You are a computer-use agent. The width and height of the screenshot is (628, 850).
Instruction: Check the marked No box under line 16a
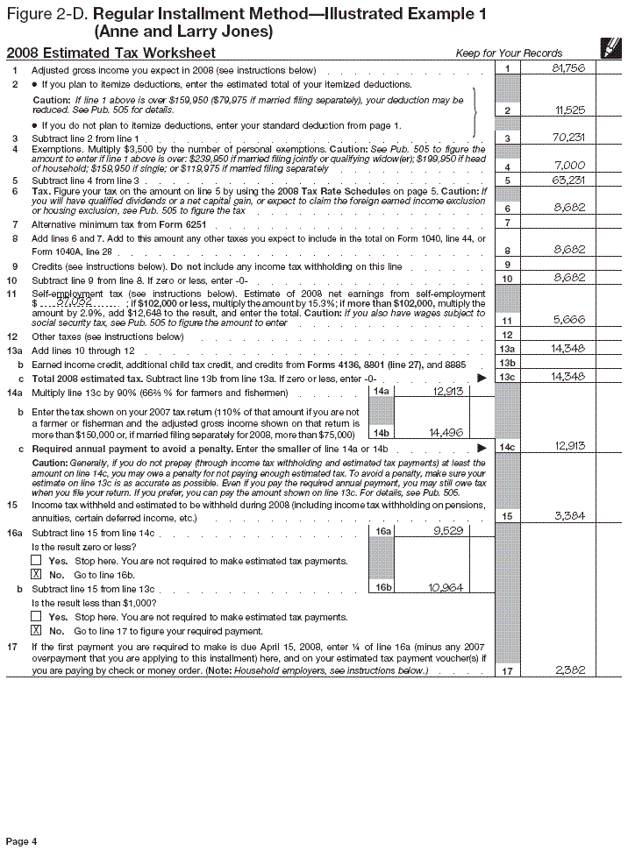(36, 574)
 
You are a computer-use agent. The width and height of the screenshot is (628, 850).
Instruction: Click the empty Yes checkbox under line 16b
(36, 617)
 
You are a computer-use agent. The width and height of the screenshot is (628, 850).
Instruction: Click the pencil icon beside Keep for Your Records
(605, 50)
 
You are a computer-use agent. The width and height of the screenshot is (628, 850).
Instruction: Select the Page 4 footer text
(22, 841)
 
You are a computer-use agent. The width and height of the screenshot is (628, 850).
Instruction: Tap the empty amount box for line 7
(561, 223)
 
